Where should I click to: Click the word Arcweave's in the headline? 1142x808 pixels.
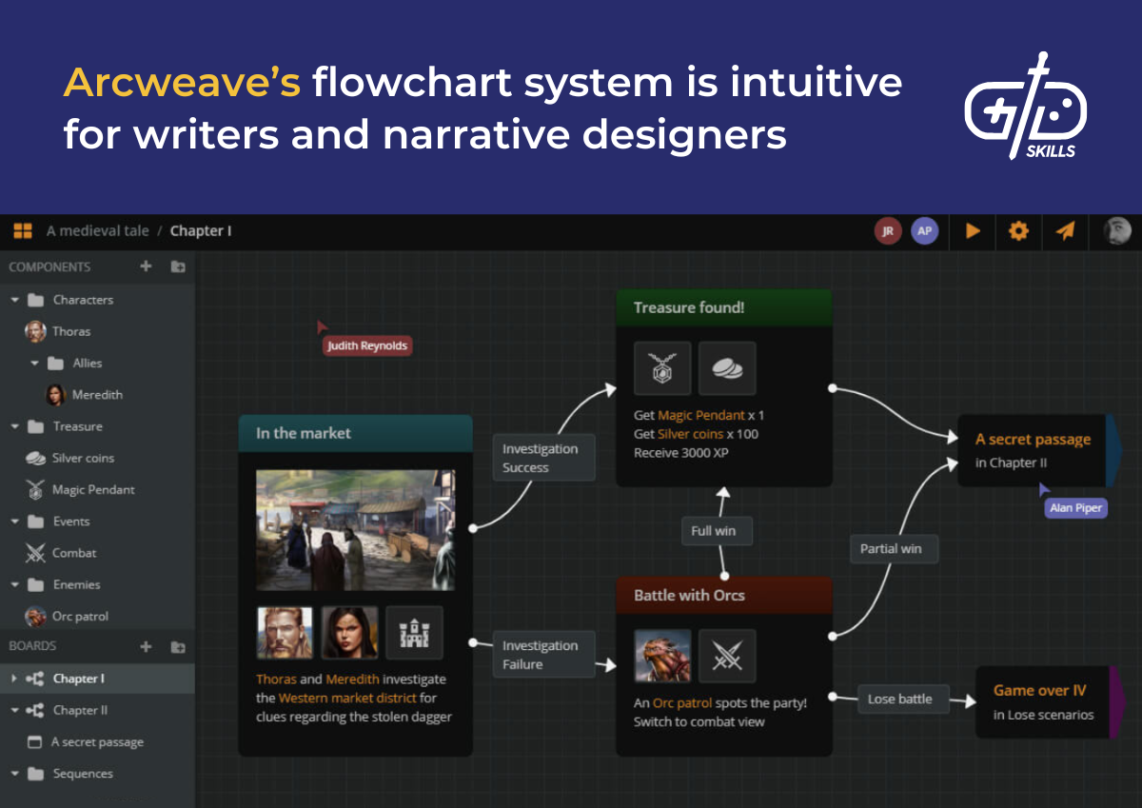pos(182,84)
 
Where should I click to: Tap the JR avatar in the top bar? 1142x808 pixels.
pos(887,230)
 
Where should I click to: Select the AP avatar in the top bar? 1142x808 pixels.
pos(924,230)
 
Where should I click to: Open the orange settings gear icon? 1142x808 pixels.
pos(1018,230)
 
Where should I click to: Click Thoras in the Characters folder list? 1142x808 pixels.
pos(71,331)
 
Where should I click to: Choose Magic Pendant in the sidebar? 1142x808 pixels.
pos(93,489)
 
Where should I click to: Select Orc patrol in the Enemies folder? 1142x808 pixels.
pos(80,616)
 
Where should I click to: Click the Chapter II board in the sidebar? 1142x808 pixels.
pos(80,710)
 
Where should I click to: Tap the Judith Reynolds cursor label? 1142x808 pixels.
pos(367,345)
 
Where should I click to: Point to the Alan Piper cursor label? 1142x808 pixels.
pos(1075,508)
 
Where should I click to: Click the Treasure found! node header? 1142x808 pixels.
pos(723,307)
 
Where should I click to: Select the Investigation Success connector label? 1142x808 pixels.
pos(541,458)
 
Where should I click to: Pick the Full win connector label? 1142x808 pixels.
pos(714,531)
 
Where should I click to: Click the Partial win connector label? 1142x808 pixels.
pos(891,548)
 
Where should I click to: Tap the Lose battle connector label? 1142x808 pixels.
pos(899,699)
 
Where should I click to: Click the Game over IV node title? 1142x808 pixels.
pos(1039,691)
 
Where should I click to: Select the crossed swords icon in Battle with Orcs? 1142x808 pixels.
pos(727,656)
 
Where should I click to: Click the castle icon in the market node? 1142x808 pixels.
pos(414,633)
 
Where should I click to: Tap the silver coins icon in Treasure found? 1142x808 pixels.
pos(727,368)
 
